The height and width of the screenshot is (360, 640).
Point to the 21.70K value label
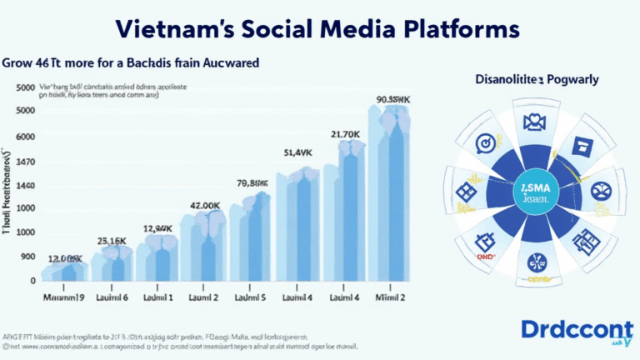pos(344,133)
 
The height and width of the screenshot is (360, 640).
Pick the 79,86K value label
pos(252,184)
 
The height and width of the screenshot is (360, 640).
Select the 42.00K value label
pos(205,205)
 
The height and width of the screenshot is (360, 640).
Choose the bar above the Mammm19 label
pos(63,271)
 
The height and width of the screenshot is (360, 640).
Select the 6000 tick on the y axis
pos(25,136)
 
